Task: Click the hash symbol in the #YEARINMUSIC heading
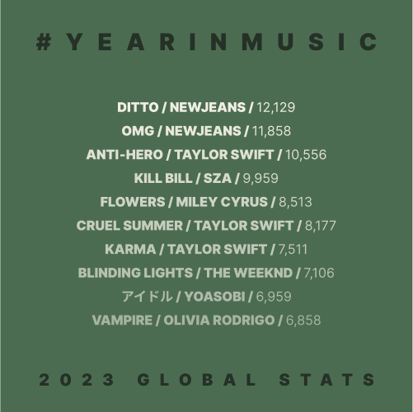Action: (x=44, y=42)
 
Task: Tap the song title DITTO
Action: (x=138, y=107)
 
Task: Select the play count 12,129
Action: (x=275, y=107)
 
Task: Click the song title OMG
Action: (x=138, y=131)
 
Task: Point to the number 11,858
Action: (x=271, y=131)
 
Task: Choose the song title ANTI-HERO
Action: (x=124, y=155)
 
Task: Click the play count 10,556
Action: (x=306, y=155)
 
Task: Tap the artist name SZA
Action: (x=218, y=178)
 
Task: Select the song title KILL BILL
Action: (x=163, y=178)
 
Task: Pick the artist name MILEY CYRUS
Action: (x=222, y=202)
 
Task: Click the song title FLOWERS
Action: (x=133, y=202)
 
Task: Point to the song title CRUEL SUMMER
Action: (x=129, y=226)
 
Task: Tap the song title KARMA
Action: (x=130, y=250)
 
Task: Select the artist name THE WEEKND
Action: (x=248, y=273)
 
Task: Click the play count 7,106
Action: (x=319, y=273)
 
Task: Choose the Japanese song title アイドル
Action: (x=148, y=297)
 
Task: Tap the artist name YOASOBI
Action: (x=214, y=297)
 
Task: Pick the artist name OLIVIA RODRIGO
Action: (x=219, y=321)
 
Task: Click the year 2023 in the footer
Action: (x=77, y=380)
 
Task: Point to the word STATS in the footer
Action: (x=327, y=380)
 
